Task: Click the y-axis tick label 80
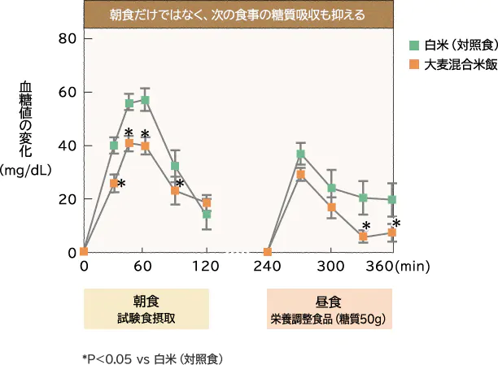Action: pyautogui.click(x=68, y=39)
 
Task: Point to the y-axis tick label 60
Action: pyautogui.click(x=68, y=92)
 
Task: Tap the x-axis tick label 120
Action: pyautogui.click(x=207, y=267)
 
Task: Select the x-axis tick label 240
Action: pyautogui.click(x=268, y=267)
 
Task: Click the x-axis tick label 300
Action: pyautogui.click(x=330, y=267)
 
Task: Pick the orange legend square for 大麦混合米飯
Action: pyautogui.click(x=414, y=63)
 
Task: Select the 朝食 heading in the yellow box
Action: pyautogui.click(x=146, y=300)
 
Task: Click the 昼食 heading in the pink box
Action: pyautogui.click(x=330, y=300)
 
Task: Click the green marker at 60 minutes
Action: pyautogui.click(x=145, y=101)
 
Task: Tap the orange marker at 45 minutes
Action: pyautogui.click(x=129, y=143)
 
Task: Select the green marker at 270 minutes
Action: pyautogui.click(x=300, y=154)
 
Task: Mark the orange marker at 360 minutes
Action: pyautogui.click(x=392, y=232)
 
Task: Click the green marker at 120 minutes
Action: pyautogui.click(x=207, y=215)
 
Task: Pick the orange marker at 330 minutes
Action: pyautogui.click(x=363, y=237)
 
